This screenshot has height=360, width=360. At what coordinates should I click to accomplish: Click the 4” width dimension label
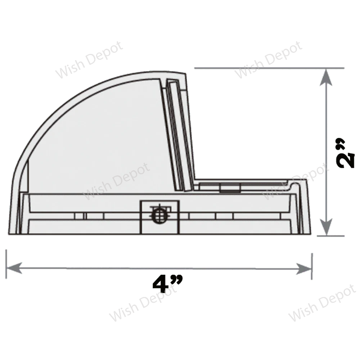(168, 284)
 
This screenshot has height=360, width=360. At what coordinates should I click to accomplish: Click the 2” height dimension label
(345, 153)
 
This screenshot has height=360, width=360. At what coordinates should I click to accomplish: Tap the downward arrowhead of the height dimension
(326, 227)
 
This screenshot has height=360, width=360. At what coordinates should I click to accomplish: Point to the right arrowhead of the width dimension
(303, 269)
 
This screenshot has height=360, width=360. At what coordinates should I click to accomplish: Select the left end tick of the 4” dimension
(6, 264)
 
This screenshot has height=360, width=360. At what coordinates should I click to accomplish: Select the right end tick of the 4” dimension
(312, 266)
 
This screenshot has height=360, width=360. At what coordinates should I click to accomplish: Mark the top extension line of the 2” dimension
(269, 68)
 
